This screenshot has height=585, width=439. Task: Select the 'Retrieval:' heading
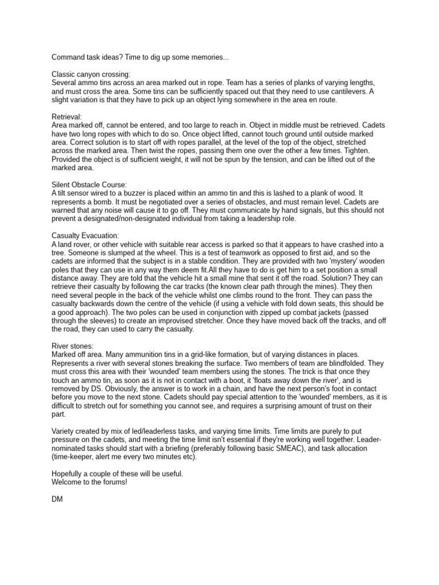pos(67,116)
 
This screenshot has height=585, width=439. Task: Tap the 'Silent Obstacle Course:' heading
pos(89,185)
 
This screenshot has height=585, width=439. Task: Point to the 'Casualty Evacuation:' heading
pos(85,235)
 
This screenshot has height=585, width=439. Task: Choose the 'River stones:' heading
pos(73,346)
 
